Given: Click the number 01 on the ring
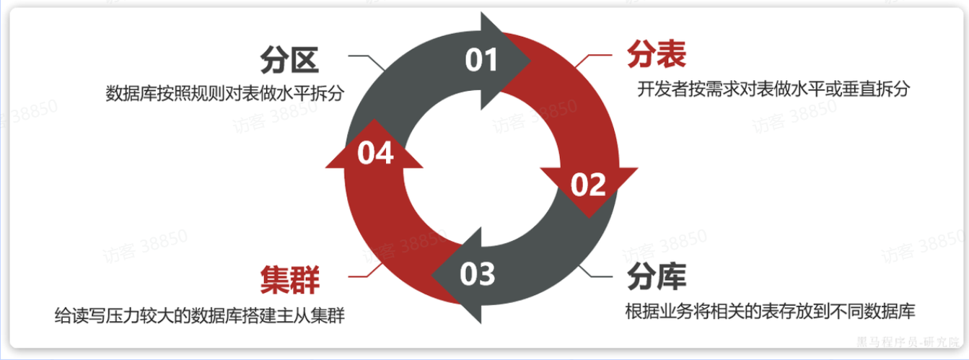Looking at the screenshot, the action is click(481, 60).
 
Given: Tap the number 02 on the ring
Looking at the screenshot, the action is click(588, 185).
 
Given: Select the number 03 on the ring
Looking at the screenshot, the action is click(478, 274).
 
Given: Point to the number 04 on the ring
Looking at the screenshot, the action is click(375, 153).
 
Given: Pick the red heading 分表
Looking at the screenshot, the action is click(657, 54).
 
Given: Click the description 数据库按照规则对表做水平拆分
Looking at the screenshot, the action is click(223, 95).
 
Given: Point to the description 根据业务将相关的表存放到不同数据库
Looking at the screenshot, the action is click(771, 312).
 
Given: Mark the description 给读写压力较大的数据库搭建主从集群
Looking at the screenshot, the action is click(199, 316).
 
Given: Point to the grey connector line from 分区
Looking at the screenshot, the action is click(364, 56).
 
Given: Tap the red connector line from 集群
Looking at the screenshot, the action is click(364, 276).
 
